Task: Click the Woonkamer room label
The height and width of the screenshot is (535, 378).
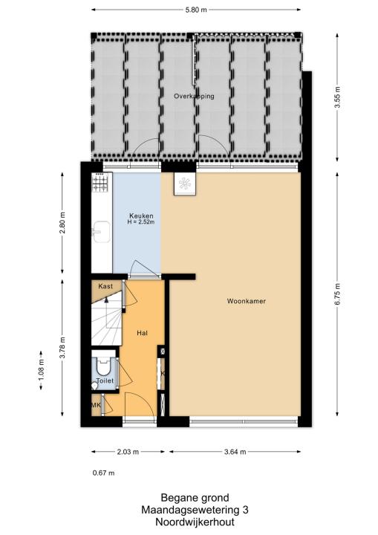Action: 247,301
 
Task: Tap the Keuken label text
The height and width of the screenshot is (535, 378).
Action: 141,215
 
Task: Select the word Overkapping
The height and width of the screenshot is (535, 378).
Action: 194,96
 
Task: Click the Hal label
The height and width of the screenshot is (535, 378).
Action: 142,333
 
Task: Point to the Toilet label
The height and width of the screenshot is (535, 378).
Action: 105,380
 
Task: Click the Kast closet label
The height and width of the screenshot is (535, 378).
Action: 105,286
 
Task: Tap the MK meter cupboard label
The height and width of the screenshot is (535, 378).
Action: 96,405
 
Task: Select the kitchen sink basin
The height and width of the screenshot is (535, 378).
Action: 101,232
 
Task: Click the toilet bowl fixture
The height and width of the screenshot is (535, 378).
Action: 103,366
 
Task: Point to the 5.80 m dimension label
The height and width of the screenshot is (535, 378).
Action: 196,10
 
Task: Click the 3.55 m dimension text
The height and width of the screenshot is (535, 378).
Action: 337,97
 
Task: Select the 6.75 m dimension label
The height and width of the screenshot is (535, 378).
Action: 337,294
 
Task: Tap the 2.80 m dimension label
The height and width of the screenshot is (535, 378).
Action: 62,223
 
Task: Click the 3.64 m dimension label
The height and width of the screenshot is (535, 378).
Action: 235,452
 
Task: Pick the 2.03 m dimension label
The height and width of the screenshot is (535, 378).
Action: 128,452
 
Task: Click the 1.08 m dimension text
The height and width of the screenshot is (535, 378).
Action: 42,370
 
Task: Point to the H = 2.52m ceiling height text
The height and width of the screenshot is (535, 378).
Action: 141,222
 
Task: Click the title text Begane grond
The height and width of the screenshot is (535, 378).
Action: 195,497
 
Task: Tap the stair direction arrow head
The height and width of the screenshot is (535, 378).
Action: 106,300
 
